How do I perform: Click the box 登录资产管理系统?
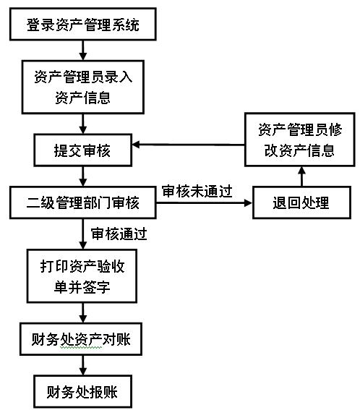pos(83,24)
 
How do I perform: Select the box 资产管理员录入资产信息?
pos(83,87)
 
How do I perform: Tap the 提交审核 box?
pos(83,150)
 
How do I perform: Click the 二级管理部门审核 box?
pos(83,202)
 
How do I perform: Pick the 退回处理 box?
pos(301,202)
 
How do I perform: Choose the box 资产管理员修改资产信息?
pos(299,140)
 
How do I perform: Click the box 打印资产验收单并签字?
pos(82,276)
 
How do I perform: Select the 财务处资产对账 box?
pos(81,339)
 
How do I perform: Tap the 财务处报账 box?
pos(83,391)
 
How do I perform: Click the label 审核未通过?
pos(197,192)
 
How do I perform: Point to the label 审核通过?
pos(119,234)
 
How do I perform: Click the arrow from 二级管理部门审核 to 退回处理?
pos(205,202)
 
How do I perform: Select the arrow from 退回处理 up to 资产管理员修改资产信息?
pos(302,176)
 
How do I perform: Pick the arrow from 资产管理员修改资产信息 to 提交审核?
pos(188,145)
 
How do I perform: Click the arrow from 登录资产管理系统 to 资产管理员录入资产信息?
pos(83,51)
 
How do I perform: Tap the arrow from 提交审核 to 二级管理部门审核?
pos(83,176)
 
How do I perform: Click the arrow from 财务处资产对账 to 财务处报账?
pos(83,365)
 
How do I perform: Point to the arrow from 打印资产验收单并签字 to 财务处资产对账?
pos(83,312)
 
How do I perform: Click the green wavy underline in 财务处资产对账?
pos(81,348)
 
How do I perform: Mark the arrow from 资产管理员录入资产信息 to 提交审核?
pos(83,124)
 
